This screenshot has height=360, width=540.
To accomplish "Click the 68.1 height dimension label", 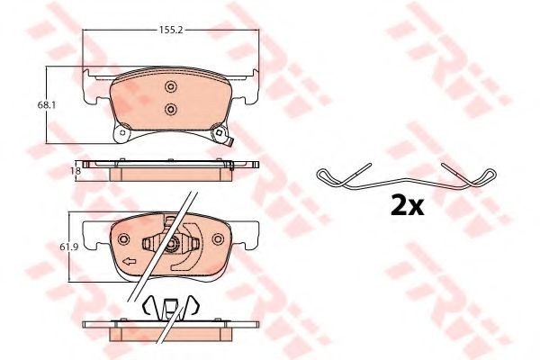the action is coord(46,105).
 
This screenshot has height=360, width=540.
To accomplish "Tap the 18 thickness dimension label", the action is coord(77,170).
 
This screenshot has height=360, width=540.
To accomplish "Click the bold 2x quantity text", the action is coord(407,206).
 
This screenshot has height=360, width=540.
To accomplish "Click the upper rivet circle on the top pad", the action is coord(170,86).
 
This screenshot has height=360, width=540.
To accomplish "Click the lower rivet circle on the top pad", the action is coord(170,110).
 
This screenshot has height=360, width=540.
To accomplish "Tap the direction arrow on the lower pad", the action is coord(130,262).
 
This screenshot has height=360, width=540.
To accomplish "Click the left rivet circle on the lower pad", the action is coord(123,238).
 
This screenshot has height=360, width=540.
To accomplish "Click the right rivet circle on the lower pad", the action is coord(218,238).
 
